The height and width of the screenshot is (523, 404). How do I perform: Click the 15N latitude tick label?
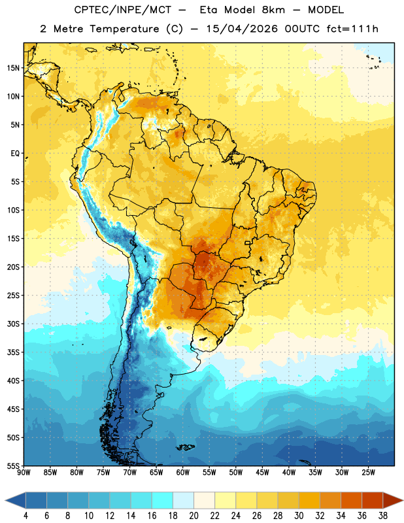[13, 68]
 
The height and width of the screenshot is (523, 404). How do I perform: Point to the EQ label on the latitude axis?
[15, 154]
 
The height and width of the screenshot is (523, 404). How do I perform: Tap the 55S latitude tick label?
[13, 465]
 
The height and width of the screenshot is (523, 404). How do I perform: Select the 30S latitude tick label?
[13, 324]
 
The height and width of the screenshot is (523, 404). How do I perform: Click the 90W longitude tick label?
[24, 473]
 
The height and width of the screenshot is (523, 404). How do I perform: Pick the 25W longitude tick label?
[368, 473]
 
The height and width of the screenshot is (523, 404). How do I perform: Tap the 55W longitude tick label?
[209, 473]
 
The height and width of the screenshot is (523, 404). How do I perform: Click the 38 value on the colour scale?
[383, 516]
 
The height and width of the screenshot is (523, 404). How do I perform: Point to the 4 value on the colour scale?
[25, 516]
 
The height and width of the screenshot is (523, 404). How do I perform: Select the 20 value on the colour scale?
[194, 516]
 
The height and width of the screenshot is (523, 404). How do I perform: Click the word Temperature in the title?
[124, 29]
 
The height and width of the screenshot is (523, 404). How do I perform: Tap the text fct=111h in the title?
[352, 29]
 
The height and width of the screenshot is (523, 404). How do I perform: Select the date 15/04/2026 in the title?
[242, 29]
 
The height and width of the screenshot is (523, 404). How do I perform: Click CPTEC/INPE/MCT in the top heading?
[123, 10]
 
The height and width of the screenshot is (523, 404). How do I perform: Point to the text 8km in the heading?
[273, 10]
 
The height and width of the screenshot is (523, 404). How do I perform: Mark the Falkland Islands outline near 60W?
[185, 447]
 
